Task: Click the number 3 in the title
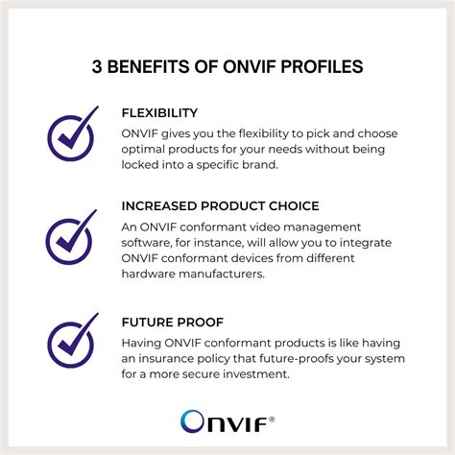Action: [96, 68]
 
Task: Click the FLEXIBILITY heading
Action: [159, 113]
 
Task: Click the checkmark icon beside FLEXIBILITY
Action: [72, 133]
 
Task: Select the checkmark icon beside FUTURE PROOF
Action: [72, 340]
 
